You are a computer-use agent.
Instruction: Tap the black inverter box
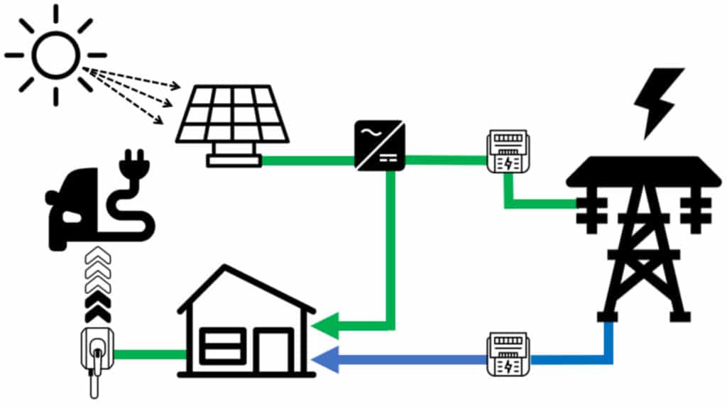click(380, 145)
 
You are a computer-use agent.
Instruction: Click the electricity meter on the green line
click(506, 151)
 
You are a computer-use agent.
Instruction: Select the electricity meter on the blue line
click(508, 355)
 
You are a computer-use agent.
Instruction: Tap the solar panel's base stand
click(234, 160)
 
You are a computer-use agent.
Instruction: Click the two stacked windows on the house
click(219, 347)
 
